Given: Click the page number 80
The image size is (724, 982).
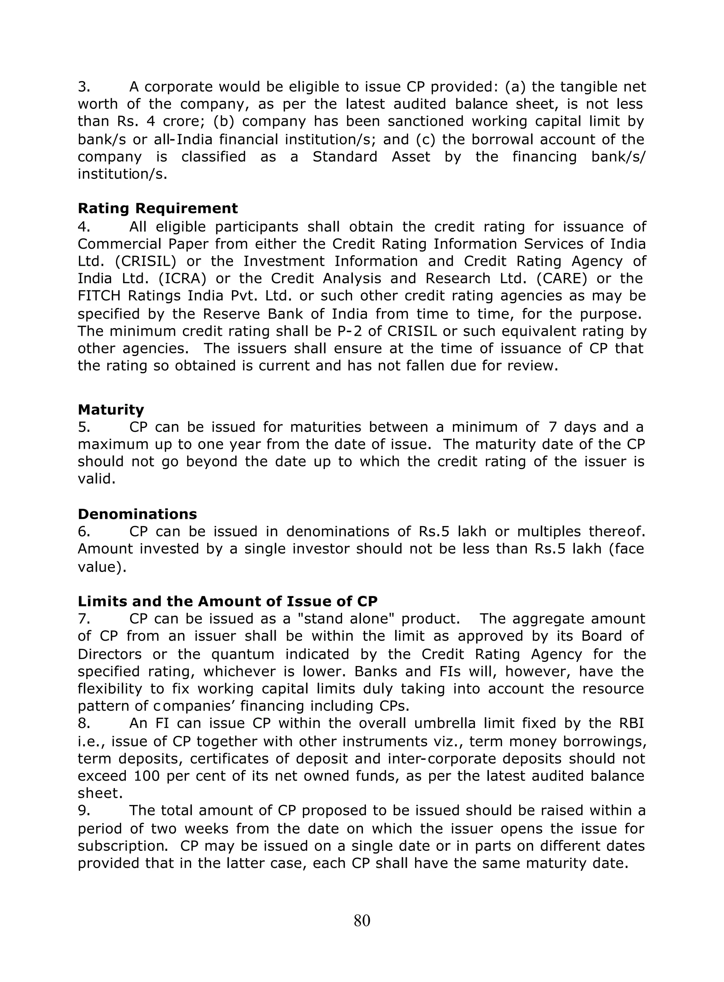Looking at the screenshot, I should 362,921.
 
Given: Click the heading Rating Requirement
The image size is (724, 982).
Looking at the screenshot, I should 158,208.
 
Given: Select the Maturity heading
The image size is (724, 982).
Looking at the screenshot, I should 111,410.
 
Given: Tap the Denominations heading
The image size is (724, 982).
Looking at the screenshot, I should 137,514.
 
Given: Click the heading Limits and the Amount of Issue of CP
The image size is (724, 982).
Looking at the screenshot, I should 227,601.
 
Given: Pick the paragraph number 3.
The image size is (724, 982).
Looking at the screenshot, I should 84,87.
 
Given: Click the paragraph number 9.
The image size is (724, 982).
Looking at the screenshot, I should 84,811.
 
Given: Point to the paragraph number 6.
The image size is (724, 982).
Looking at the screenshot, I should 84,532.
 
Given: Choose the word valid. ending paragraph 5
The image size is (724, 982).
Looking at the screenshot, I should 97,479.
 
